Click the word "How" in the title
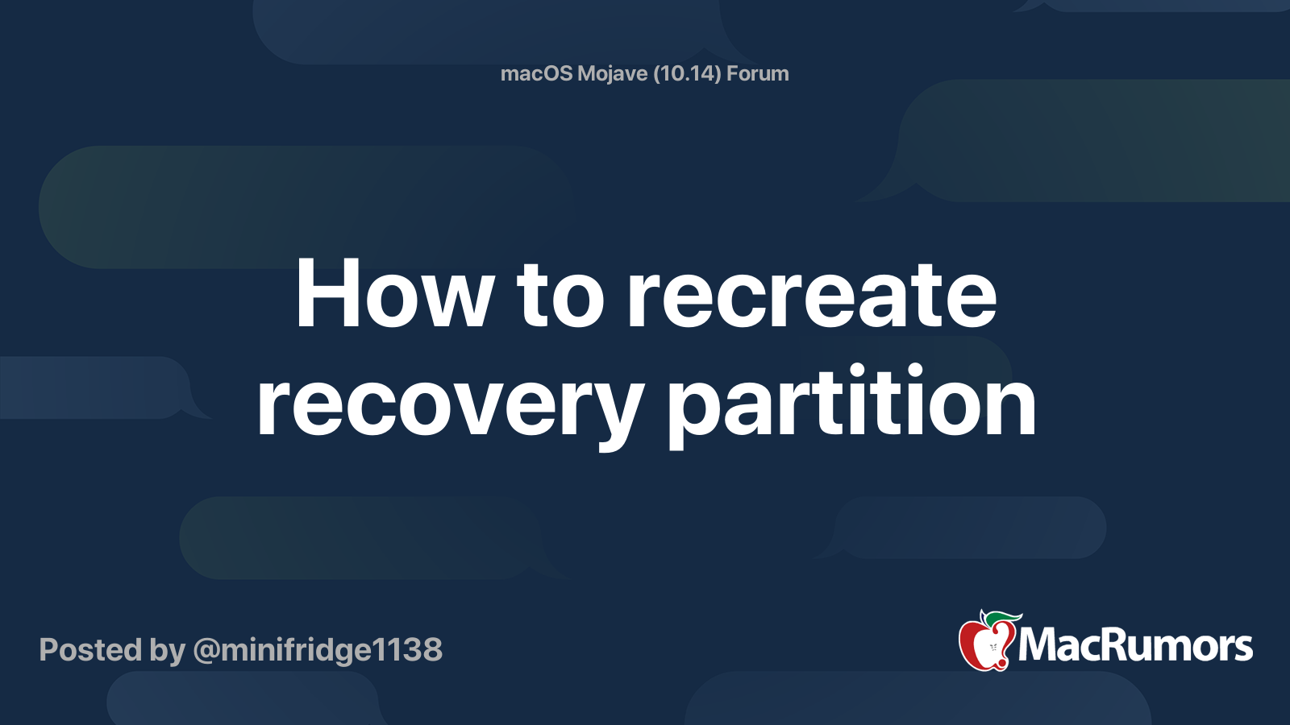pyautogui.click(x=394, y=295)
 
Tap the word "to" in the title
pyautogui.click(x=560, y=295)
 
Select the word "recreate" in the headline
pyautogui.click(x=812, y=295)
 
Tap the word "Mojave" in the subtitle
pyautogui.click(x=613, y=73)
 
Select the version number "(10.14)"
pyautogui.click(x=687, y=73)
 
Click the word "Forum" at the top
pyautogui.click(x=758, y=73)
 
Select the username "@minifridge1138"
pyautogui.click(x=318, y=650)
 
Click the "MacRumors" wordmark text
pyautogui.click(x=1135, y=646)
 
